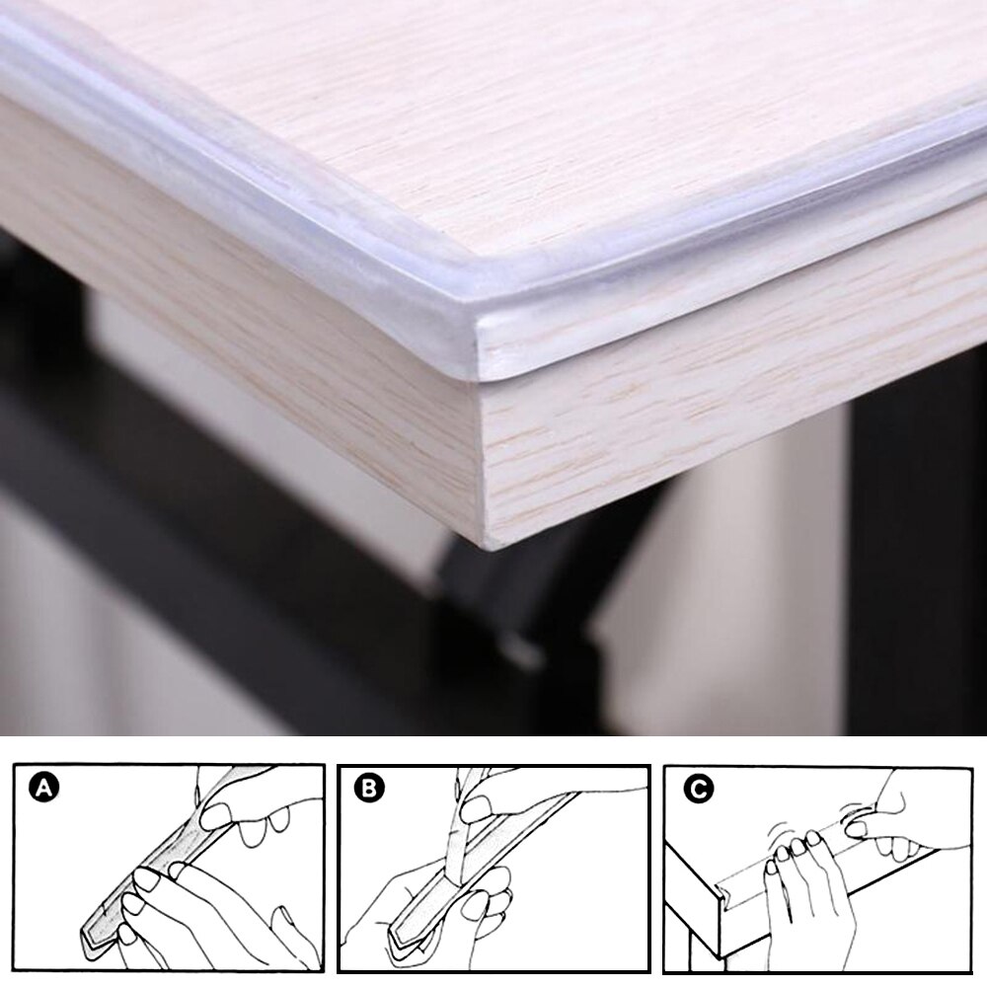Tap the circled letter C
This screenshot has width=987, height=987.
[699, 789]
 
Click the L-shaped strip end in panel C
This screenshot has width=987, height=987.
[731, 893]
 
